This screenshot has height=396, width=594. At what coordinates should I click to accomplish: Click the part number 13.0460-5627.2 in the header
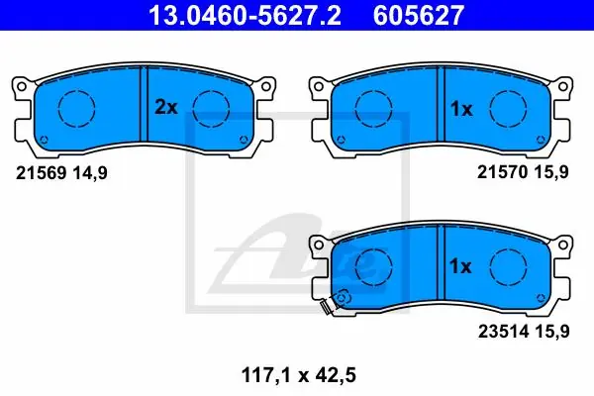245,15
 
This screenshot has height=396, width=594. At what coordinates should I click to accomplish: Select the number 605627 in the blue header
419,15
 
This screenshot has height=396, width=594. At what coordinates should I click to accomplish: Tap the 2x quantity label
166,107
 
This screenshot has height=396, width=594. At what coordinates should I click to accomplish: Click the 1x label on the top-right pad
461,109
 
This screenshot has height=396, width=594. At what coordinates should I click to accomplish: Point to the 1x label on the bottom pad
460,266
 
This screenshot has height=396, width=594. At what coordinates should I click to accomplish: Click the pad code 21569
42,173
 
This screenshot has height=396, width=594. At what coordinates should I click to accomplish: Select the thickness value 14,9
90,173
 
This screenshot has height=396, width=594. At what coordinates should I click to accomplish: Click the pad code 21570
502,172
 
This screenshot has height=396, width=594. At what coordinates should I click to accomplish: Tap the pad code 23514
503,332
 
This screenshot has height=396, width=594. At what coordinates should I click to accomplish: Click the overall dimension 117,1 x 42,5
299,375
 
